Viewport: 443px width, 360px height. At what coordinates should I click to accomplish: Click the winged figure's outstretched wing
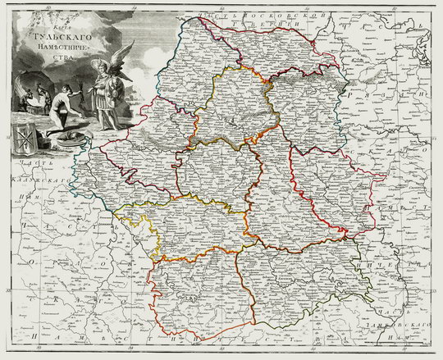124,58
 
